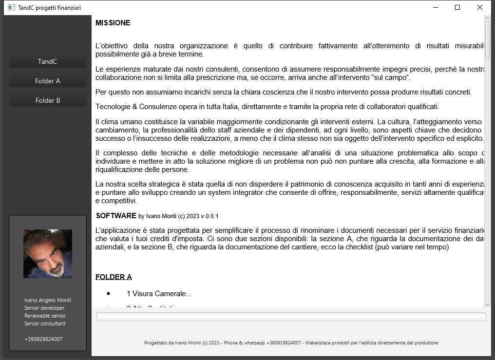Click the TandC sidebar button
[x=48, y=61]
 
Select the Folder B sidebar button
[x=48, y=100]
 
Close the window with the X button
[x=479, y=7]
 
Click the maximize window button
[x=457, y=7]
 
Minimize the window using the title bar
[x=435, y=7]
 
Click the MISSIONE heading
[x=113, y=23]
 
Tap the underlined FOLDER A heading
[x=114, y=277]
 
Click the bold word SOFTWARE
[x=116, y=215]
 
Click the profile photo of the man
[x=48, y=253]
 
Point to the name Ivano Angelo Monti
[x=48, y=300]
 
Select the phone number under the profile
[x=43, y=339]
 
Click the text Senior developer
[x=44, y=308]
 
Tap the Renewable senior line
[x=45, y=316]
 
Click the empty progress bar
[x=291, y=317]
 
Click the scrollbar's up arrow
[x=488, y=19]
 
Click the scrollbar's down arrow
[x=488, y=304]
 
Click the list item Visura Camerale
[x=159, y=294]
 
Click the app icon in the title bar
[x=11, y=7]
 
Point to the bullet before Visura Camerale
[x=108, y=293]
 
